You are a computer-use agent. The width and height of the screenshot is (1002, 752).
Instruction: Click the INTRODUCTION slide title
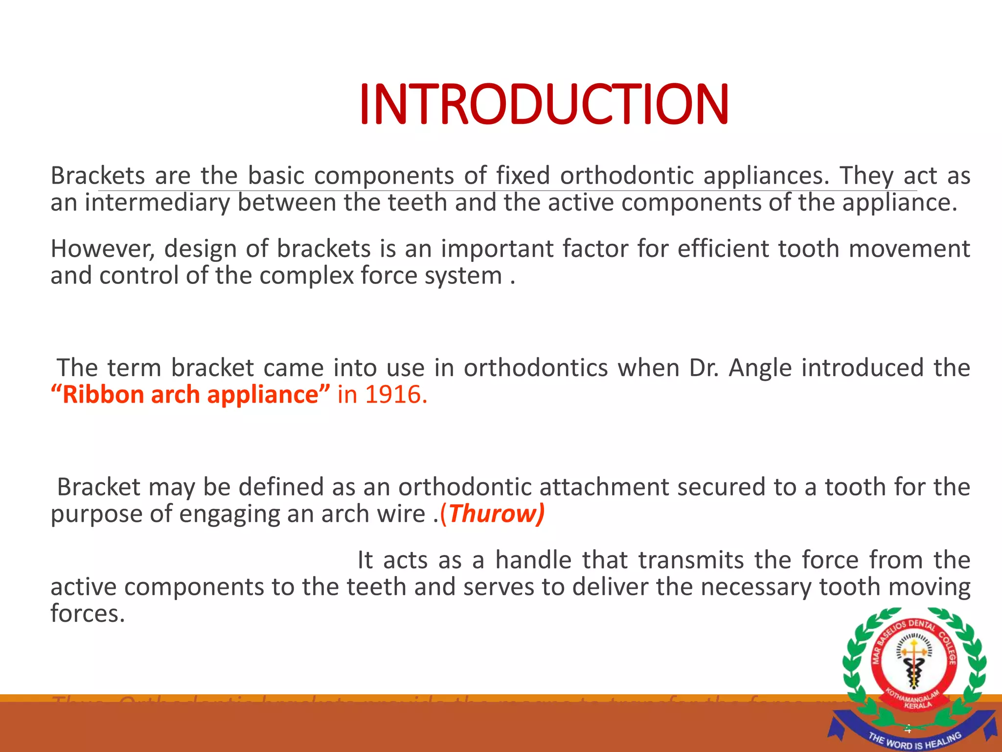[x=544, y=104]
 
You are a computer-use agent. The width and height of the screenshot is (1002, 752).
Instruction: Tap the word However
[x=102, y=249]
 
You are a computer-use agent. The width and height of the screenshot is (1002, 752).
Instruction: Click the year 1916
[x=393, y=395]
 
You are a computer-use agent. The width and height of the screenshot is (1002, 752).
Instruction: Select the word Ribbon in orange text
[x=103, y=395]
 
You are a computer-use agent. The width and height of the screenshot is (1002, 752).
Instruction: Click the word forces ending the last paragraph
[x=88, y=614]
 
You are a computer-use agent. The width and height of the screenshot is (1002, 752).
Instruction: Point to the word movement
[x=909, y=249]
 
